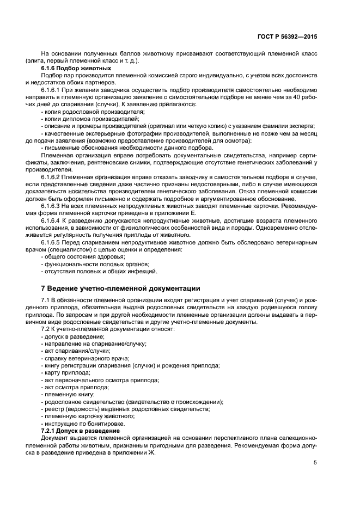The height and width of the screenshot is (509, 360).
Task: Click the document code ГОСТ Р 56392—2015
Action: tap(288, 36)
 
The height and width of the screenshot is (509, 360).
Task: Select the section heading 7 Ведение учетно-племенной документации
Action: tap(120, 288)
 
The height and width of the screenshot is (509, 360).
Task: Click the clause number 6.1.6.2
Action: tap(53, 177)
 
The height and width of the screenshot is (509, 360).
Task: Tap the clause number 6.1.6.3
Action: tap(53, 205)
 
